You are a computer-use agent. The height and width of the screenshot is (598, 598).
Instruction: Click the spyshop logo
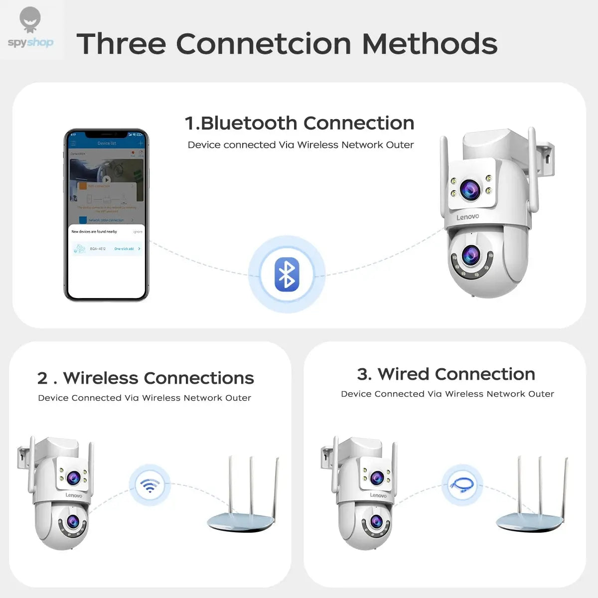pyautogui.click(x=30, y=29)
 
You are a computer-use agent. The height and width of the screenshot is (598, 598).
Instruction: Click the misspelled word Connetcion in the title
pyautogui.click(x=264, y=44)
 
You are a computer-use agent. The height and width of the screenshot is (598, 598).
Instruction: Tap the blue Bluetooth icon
pyautogui.click(x=287, y=275)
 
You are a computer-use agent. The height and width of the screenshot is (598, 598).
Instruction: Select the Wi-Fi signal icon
pyautogui.click(x=149, y=485)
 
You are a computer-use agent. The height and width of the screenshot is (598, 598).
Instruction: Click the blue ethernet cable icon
pyautogui.click(x=462, y=485)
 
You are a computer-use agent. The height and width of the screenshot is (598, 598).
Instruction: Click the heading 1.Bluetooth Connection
pyautogui.click(x=299, y=123)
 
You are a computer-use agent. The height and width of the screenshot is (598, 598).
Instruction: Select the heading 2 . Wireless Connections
pyautogui.click(x=146, y=378)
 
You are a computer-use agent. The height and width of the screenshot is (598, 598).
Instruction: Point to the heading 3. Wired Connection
pyautogui.click(x=446, y=374)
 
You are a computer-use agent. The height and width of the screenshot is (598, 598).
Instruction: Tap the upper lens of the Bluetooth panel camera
pyautogui.click(x=470, y=189)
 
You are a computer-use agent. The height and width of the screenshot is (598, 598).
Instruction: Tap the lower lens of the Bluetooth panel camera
pyautogui.click(x=470, y=256)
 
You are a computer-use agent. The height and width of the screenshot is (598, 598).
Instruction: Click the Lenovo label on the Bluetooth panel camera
pyautogui.click(x=467, y=217)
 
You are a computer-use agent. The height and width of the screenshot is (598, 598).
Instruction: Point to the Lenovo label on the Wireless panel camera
pyautogui.click(x=74, y=495)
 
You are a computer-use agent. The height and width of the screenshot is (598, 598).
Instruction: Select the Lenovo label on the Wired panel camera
pyautogui.click(x=378, y=495)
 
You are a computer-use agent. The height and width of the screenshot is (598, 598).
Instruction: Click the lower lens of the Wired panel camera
pyautogui.click(x=376, y=522)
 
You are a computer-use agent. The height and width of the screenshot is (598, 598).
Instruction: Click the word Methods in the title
pyautogui.click(x=430, y=44)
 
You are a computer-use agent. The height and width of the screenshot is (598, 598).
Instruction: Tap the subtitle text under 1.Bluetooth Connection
pyautogui.click(x=300, y=145)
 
